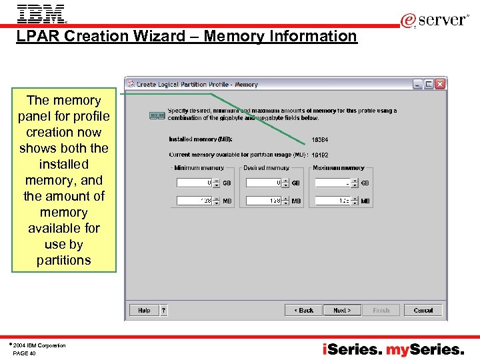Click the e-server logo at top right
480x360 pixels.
[434, 21]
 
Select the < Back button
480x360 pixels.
[303, 310]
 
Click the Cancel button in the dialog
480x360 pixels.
[423, 310]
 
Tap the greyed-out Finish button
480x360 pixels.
[381, 310]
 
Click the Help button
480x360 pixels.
[144, 310]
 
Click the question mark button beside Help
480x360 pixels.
[163, 310]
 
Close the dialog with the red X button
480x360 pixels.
[440, 84]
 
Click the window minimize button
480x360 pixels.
[417, 84]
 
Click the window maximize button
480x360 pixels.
[429, 84]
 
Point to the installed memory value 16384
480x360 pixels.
[320, 140]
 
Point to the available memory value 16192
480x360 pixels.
[320, 155]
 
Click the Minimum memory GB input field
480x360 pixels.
[195, 183]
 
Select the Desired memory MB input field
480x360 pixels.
[264, 201]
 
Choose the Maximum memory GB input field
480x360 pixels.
[333, 183]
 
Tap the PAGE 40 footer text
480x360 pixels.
[25, 353]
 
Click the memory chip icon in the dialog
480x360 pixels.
[157, 115]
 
